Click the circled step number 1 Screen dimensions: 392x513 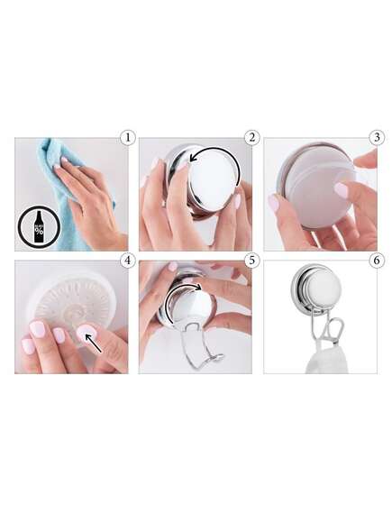point(127,138)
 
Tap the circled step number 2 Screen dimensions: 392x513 point(251,138)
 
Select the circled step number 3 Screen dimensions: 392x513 point(377,138)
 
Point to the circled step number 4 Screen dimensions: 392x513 point(127,261)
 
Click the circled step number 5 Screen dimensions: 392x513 point(251,261)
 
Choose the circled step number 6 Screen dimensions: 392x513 point(377,261)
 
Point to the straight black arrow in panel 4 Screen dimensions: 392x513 point(93,343)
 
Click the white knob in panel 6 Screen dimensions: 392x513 point(324,289)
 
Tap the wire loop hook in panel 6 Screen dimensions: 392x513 point(335,331)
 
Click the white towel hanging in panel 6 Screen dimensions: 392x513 point(326,359)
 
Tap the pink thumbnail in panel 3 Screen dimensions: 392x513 point(341,190)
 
